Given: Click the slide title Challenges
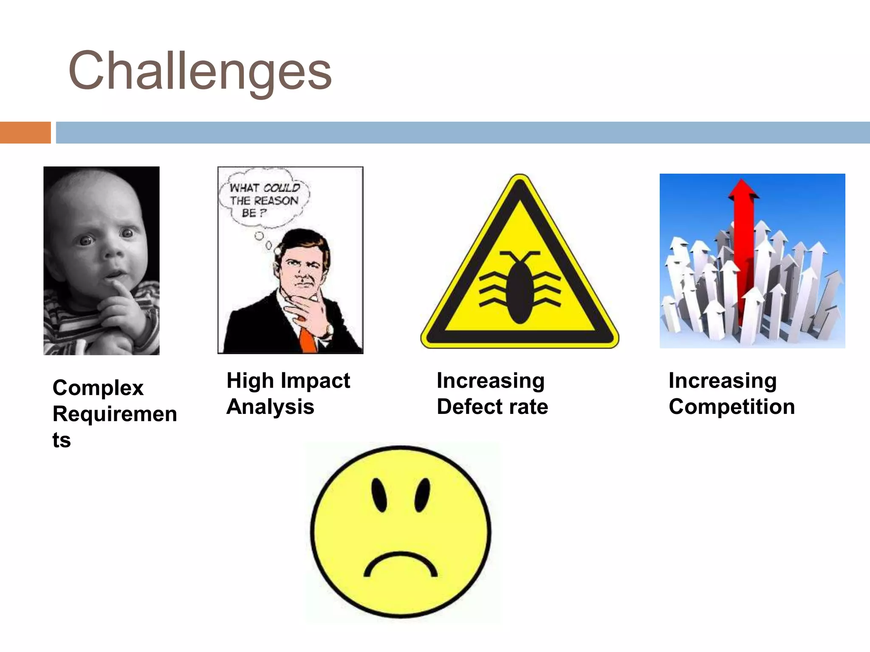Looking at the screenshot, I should [200, 71].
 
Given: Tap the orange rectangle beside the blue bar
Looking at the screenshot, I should [25, 132].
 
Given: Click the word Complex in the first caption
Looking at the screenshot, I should [98, 388].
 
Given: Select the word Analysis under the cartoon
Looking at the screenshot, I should [271, 407].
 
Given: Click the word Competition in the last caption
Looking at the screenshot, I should [732, 407].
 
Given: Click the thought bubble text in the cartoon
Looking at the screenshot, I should [264, 200].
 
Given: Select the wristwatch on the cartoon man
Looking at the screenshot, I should [330, 329].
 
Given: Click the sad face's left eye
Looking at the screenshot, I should [379, 495].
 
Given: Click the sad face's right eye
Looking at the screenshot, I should [422, 495].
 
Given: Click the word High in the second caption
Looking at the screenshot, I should [250, 380].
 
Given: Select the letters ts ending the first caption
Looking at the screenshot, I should [62, 440].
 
